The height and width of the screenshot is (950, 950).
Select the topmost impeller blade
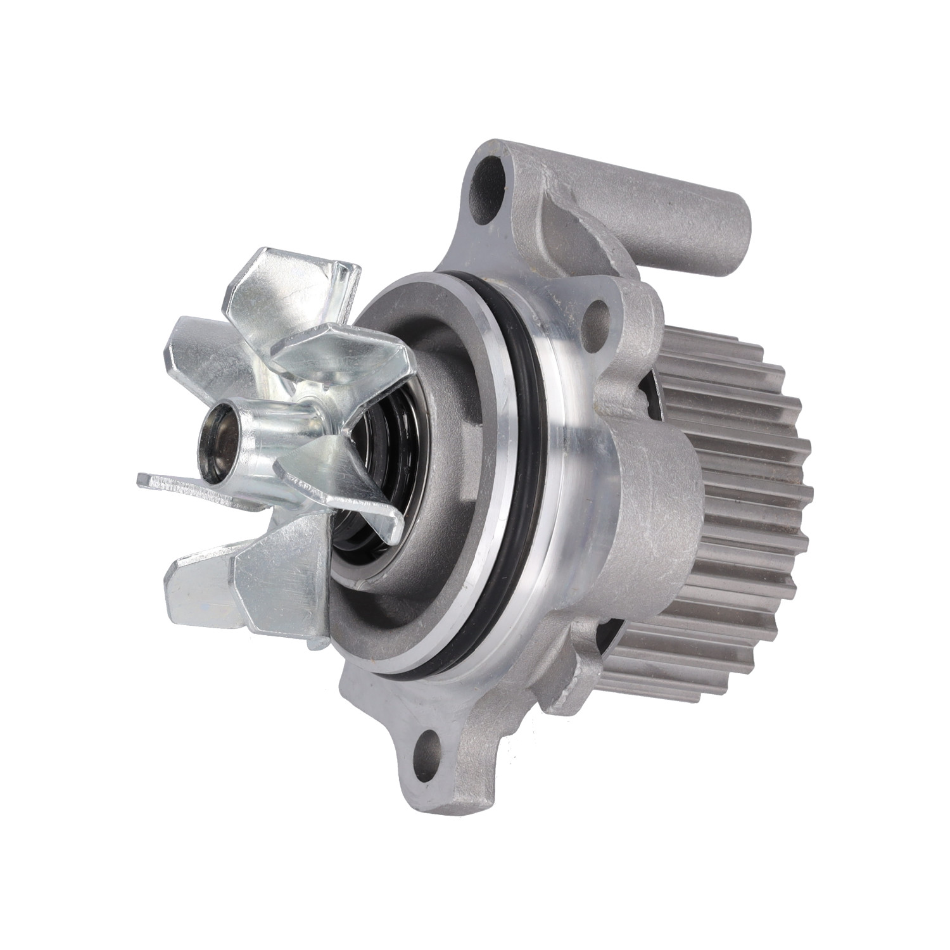285,279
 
